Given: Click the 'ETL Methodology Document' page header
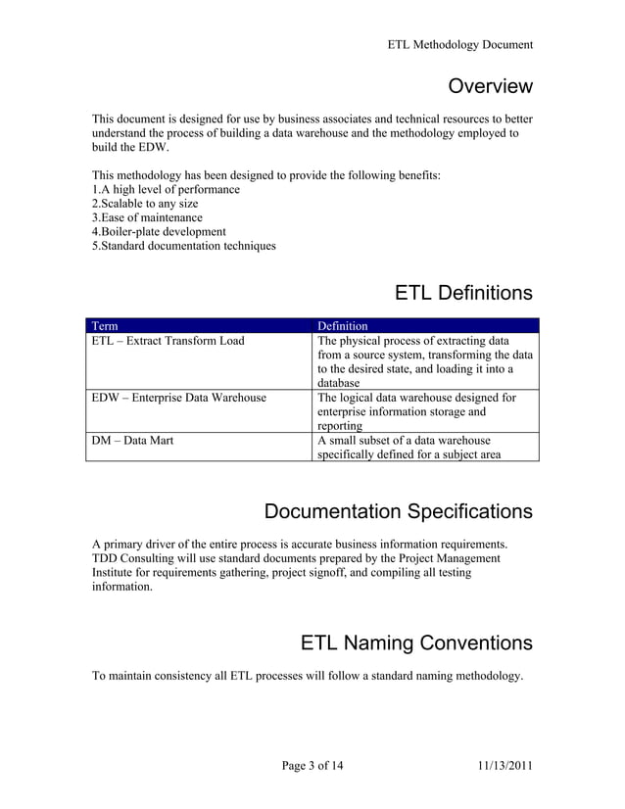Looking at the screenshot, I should (x=459, y=44).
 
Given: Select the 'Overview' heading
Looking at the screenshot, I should (x=490, y=86).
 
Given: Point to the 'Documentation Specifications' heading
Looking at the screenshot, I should (x=399, y=511).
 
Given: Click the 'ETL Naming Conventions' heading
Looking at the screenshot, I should (x=416, y=642).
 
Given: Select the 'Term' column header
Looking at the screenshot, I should (x=104, y=325).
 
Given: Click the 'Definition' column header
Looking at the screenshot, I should (x=343, y=325).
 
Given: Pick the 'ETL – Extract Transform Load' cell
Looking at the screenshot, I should (x=168, y=341).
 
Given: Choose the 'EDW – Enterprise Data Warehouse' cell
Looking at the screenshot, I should (x=178, y=398).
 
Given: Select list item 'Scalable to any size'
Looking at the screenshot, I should (x=145, y=204).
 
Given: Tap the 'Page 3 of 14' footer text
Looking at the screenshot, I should (x=312, y=765).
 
